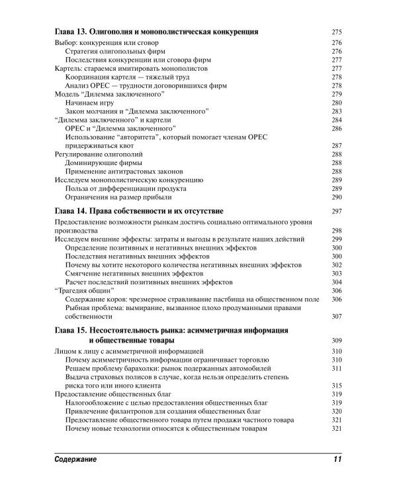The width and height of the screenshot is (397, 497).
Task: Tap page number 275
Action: pos(335,31)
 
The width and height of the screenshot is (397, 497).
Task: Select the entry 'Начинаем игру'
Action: pos(88,103)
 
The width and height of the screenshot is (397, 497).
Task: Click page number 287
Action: pos(335,145)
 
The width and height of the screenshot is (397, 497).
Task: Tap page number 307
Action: pos(335,316)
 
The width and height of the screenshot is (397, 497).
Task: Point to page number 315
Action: pos(335,385)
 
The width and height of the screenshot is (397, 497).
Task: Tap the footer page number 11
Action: pos(337,459)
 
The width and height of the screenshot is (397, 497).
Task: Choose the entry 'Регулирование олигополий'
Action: pos(98,154)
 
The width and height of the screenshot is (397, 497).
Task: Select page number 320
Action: pos(335,411)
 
